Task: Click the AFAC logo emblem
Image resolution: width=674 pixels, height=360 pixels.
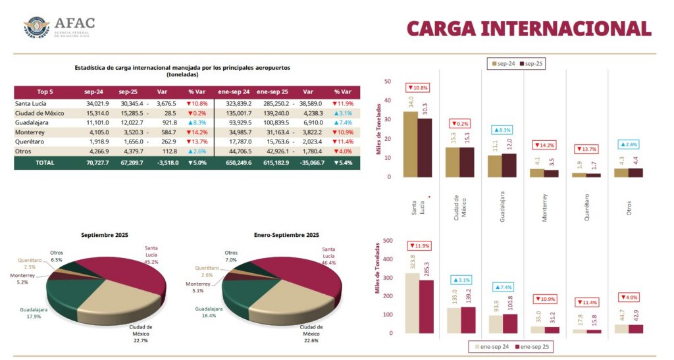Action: [x=36, y=27]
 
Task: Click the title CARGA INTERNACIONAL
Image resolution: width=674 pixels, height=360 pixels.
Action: [x=529, y=28]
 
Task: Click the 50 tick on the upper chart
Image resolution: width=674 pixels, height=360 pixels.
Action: [x=388, y=82]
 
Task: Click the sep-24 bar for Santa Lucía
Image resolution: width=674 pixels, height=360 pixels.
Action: [x=410, y=144]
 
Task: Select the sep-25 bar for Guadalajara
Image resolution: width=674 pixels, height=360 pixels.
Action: [x=509, y=165]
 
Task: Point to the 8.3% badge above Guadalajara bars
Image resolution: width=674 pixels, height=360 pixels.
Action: [x=502, y=130]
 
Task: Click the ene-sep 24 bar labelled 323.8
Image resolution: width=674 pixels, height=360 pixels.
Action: [x=412, y=303]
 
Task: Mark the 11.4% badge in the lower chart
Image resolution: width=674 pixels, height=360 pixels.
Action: [x=587, y=302]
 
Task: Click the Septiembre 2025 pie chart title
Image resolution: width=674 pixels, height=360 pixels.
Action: [x=105, y=235]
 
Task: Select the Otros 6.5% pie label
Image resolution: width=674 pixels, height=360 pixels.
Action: [x=57, y=256]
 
